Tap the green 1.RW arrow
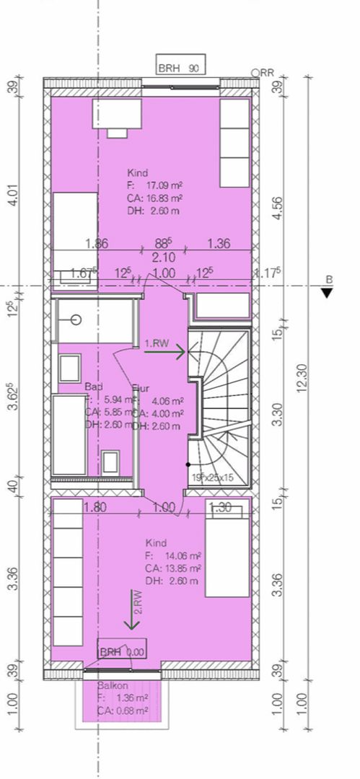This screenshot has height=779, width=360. click(173, 351)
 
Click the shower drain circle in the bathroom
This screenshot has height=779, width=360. click(76, 320)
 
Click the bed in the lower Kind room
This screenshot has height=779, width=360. click(228, 550)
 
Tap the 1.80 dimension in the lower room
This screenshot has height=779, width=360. click(95, 507)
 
